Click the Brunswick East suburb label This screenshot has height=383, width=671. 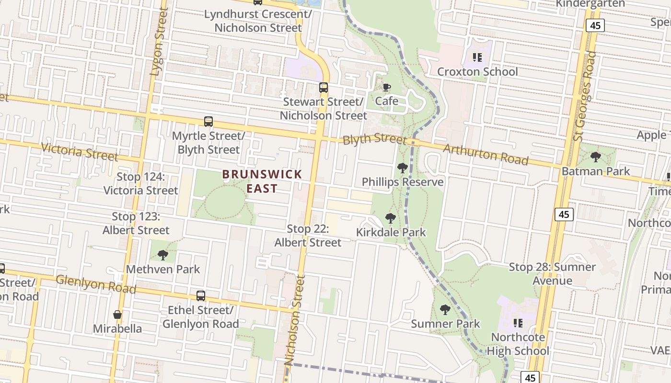[x=262, y=180]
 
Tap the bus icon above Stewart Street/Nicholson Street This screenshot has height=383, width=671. [x=324, y=88]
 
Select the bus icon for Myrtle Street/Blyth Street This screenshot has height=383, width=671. [x=208, y=122]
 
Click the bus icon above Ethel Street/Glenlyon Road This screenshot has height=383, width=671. [x=201, y=296]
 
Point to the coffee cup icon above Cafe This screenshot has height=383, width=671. [x=387, y=87]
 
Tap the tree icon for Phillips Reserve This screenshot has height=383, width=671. [x=403, y=168]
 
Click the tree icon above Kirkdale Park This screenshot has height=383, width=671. [x=391, y=218]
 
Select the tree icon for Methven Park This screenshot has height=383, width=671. [x=163, y=255]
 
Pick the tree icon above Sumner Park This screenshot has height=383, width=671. [x=445, y=310]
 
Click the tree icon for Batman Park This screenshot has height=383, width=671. [x=596, y=157]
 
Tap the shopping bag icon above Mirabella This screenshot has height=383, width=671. [x=117, y=315]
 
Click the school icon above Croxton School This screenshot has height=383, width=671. [x=477, y=57]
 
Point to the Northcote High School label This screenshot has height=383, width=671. [x=518, y=344]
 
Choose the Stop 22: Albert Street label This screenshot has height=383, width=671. [x=308, y=236]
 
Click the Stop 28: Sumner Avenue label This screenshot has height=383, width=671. [x=553, y=273]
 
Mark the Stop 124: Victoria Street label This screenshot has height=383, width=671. [x=141, y=183]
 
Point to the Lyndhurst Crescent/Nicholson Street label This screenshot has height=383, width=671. [x=258, y=21]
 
